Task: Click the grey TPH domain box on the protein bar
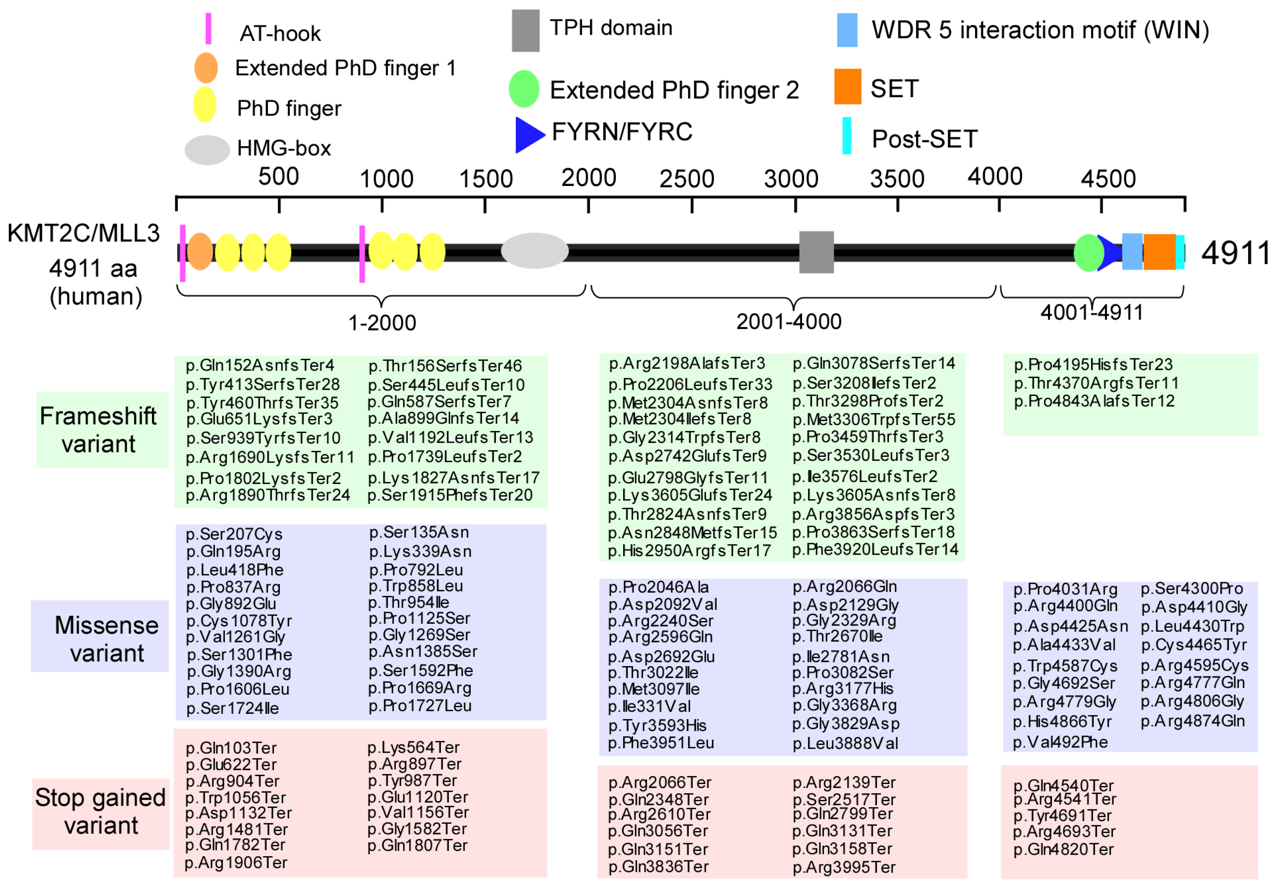(x=816, y=252)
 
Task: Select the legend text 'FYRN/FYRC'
(x=622, y=132)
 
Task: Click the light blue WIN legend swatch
(x=847, y=30)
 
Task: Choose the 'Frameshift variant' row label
(x=99, y=429)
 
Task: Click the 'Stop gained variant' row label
(x=100, y=811)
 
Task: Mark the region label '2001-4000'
(x=788, y=322)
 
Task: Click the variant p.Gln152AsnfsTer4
(x=260, y=365)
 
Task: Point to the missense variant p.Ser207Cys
(x=234, y=534)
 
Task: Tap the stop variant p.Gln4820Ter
(x=1063, y=849)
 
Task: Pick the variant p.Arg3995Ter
(x=843, y=867)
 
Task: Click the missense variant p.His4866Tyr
(x=1062, y=722)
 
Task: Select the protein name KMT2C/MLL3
(x=84, y=233)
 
